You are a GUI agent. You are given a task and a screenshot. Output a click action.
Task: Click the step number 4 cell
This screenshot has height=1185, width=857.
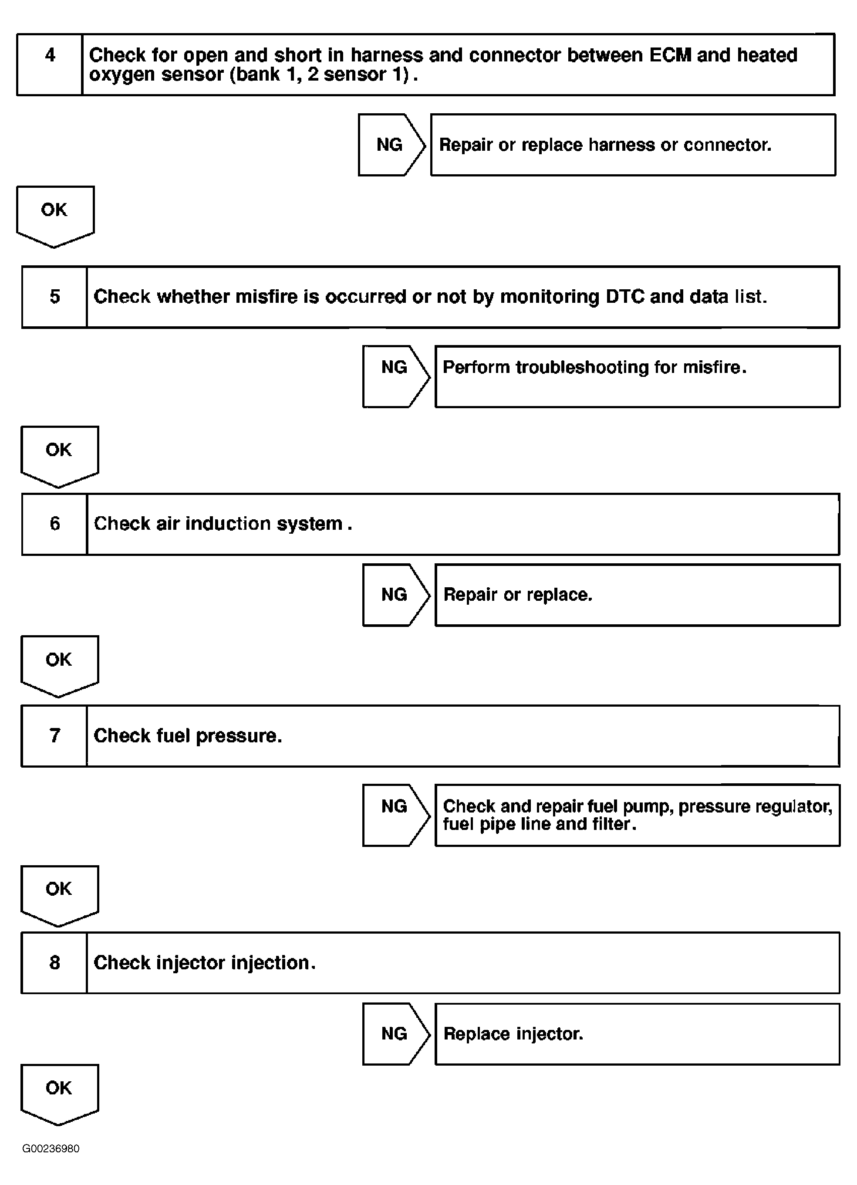pyautogui.click(x=50, y=65)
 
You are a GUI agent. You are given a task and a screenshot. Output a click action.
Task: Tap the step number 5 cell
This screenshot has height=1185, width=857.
pyautogui.click(x=54, y=297)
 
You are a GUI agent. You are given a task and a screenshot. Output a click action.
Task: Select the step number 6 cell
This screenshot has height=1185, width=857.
pyautogui.click(x=54, y=524)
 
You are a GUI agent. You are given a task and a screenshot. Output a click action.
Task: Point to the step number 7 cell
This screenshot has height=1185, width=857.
pyautogui.click(x=54, y=736)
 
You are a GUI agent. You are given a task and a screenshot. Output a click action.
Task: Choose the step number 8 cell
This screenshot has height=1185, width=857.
pyautogui.click(x=54, y=962)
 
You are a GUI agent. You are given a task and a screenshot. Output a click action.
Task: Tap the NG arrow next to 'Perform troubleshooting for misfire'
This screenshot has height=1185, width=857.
pyautogui.click(x=395, y=376)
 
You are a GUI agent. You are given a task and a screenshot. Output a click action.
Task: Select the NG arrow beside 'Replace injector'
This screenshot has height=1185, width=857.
pyautogui.click(x=395, y=1033)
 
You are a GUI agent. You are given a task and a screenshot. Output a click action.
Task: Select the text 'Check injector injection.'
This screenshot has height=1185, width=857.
pyautogui.click(x=204, y=962)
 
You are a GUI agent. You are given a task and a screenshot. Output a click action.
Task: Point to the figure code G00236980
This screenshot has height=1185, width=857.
pyautogui.click(x=51, y=1148)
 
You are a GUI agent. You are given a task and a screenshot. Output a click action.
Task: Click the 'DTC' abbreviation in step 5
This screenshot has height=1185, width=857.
pyautogui.click(x=624, y=296)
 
